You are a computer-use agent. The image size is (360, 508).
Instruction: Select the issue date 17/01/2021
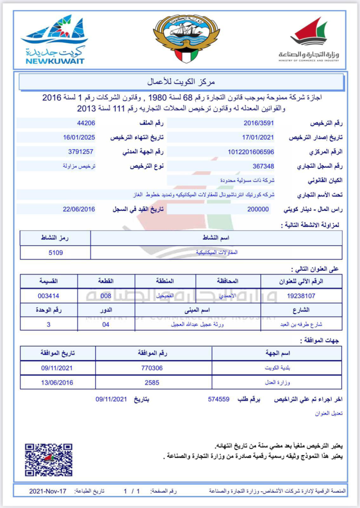click(x=258, y=137)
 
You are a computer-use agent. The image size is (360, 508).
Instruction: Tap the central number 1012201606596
click(x=251, y=152)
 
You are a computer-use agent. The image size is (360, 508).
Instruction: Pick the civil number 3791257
click(x=81, y=152)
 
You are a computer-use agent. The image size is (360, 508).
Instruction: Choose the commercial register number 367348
click(x=263, y=166)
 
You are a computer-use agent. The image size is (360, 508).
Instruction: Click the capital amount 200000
click(x=258, y=209)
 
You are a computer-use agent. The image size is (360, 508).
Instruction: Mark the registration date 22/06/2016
click(x=79, y=209)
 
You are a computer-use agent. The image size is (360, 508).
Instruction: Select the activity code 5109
click(x=55, y=253)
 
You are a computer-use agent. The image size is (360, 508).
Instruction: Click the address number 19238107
click(x=301, y=296)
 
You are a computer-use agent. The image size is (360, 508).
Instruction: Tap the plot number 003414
click(x=48, y=296)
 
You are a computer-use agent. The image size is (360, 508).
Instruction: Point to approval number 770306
click(x=153, y=368)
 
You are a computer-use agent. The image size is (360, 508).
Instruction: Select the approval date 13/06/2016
click(x=57, y=382)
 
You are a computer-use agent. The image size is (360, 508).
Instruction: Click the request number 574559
click(x=218, y=398)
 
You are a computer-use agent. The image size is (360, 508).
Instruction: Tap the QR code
click(x=48, y=460)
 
